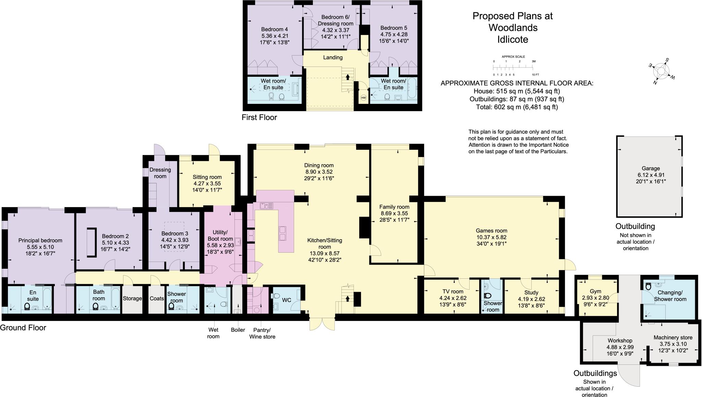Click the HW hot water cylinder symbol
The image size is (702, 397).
pyautogui.click(x=363, y=98)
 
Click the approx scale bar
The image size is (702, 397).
pyautogui.click(x=513, y=68)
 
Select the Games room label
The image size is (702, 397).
pyautogui.click(x=491, y=231)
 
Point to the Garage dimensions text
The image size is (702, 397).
pyautogui.click(x=651, y=178)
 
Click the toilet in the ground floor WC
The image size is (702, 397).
pyautogui.click(x=275, y=296)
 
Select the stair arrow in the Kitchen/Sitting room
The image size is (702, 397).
pyautogui.click(x=348, y=298)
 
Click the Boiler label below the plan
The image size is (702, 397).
pyautogui.click(x=238, y=330)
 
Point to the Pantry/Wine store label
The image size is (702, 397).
pyautogui.click(x=262, y=333)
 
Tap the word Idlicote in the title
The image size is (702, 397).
pyautogui.click(x=512, y=39)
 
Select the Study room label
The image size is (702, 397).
pyautogui.click(x=531, y=292)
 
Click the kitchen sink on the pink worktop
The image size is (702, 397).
pyautogui.click(x=266, y=206)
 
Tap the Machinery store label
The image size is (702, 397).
pyautogui.click(x=673, y=337)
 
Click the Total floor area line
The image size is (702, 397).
pyautogui.click(x=517, y=107)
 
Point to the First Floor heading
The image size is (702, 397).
pyautogui.click(x=259, y=118)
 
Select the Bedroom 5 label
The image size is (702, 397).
pyautogui.click(x=394, y=28)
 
